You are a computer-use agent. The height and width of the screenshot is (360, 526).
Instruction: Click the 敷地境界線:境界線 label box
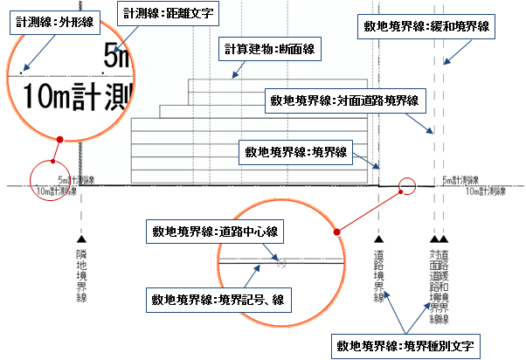(x=294, y=152)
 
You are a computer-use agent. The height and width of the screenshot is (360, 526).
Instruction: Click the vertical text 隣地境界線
(x=81, y=273)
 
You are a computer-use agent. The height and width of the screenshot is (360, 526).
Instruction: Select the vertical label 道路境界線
(x=378, y=273)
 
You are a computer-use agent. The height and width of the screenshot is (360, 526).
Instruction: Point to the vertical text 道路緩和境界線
(x=445, y=280)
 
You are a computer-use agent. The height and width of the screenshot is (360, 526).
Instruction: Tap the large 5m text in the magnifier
(x=117, y=59)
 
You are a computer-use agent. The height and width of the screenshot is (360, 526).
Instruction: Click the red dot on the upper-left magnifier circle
(x=59, y=138)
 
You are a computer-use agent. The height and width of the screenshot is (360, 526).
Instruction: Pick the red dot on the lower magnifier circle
(x=336, y=232)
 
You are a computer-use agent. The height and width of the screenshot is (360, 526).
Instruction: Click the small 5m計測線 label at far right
(x=460, y=181)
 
